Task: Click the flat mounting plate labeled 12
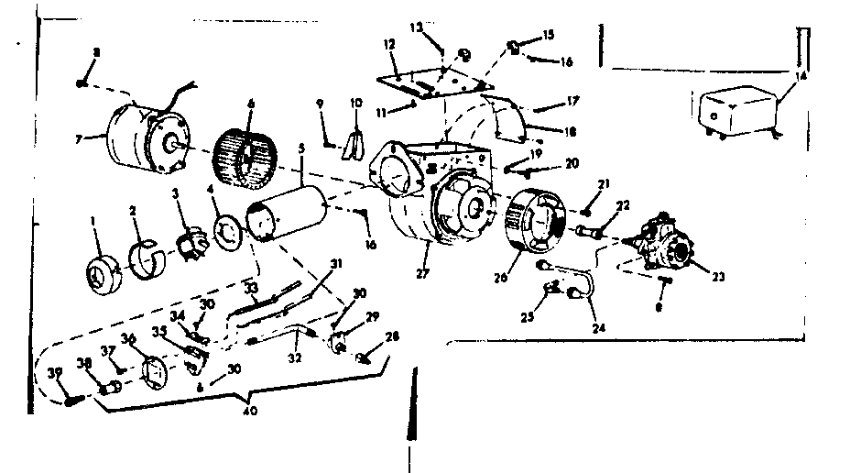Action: pyautogui.click(x=418, y=78)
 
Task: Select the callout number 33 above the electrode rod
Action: pyautogui.click(x=250, y=286)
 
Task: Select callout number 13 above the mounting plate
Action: pyautogui.click(x=418, y=28)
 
